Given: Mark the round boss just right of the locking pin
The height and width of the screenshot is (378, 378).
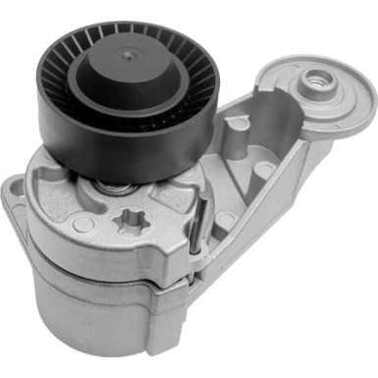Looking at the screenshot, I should tap(225, 221).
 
